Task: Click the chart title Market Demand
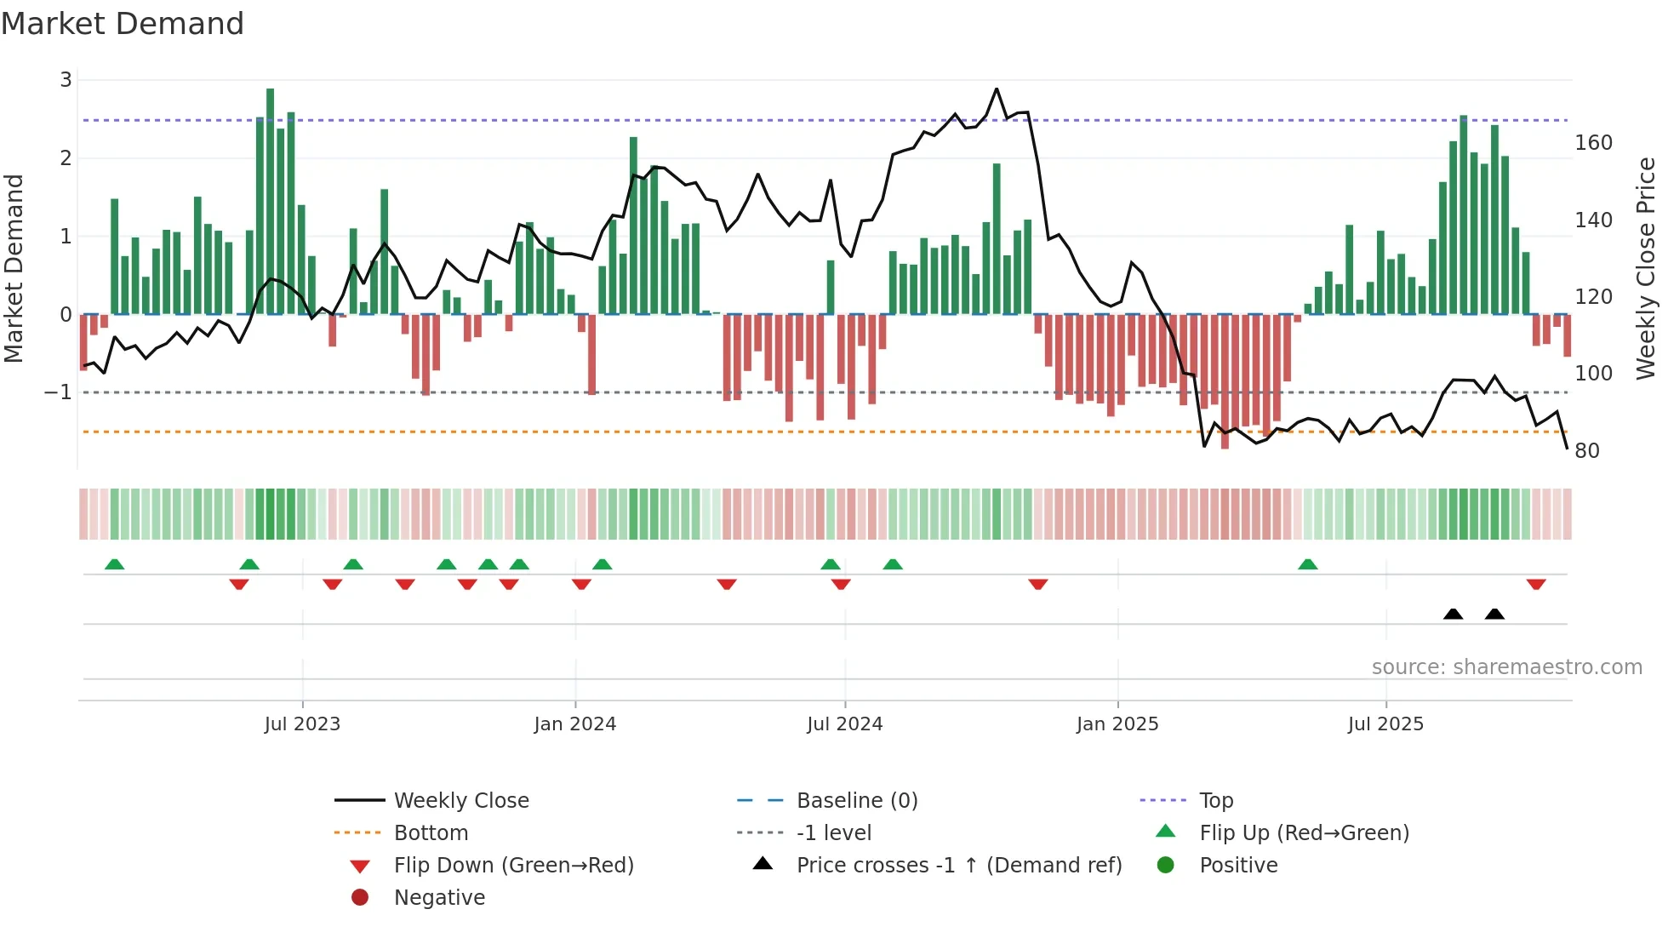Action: pos(123,24)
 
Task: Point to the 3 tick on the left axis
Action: pos(66,80)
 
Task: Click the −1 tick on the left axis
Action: pos(59,392)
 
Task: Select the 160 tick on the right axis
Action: pos(1593,143)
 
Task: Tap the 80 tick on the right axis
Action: pos(1587,451)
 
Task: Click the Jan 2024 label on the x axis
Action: pos(574,724)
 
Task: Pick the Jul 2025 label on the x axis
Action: pos(1385,724)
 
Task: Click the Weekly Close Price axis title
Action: pos(1646,268)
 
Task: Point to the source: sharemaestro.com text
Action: pos(1506,667)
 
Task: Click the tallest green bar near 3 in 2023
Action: pos(270,200)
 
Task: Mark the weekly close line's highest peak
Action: pos(997,89)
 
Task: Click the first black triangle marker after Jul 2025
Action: pos(1453,615)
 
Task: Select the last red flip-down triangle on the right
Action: pos(1536,585)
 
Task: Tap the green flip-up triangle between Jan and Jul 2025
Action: pos(1308,564)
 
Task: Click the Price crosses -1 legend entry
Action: pos(958,866)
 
